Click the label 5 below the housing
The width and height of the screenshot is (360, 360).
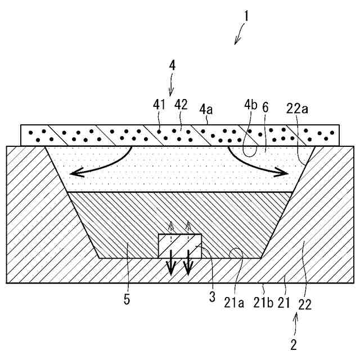[127, 300]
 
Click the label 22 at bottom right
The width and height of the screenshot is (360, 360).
[304, 304]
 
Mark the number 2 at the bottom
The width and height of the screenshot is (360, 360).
[293, 343]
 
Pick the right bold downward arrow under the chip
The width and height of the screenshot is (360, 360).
[188, 274]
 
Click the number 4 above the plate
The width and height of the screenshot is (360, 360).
[172, 65]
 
